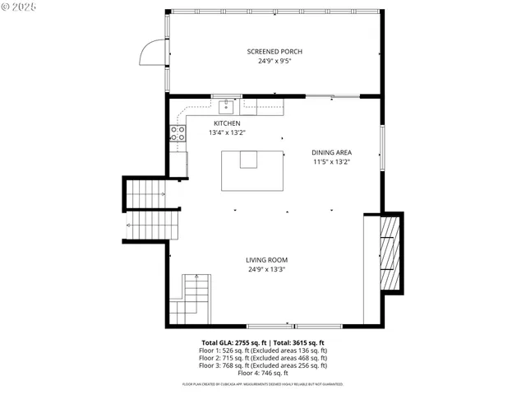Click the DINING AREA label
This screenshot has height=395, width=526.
[331, 152]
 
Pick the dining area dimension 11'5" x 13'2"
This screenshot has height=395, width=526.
[331, 162]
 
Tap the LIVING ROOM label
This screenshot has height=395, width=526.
[267, 260]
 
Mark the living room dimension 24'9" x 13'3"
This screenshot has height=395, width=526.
[267, 269]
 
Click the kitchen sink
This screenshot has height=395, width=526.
[227, 106]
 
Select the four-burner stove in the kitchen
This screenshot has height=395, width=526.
[178, 133]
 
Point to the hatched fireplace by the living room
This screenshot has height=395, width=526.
[391, 253]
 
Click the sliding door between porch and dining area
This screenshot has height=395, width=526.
[333, 96]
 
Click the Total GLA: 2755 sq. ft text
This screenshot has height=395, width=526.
[232, 342]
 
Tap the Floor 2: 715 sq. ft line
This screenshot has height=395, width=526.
[263, 358]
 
